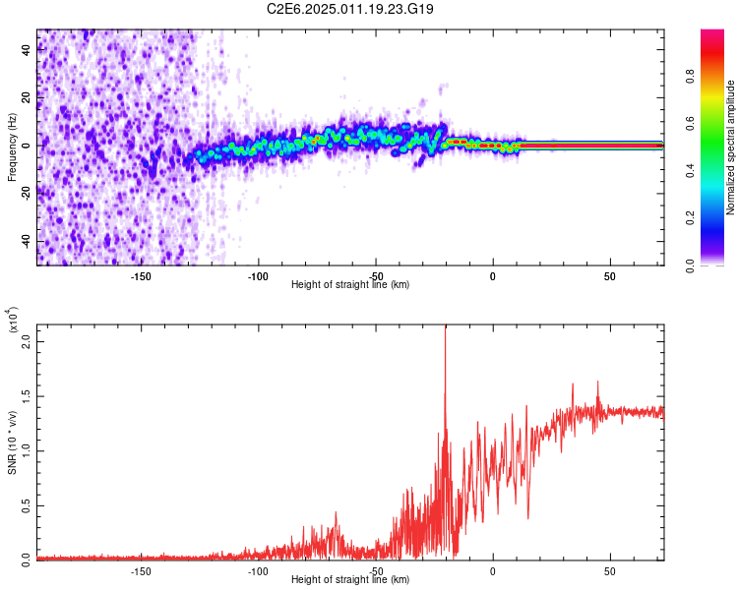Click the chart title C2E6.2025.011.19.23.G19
(351, 9)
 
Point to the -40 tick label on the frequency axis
(25, 241)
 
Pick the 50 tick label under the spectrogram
(610, 275)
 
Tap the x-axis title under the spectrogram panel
(350, 285)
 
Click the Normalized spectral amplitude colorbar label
(730, 147)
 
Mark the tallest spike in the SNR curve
(446, 327)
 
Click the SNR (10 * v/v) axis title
(12, 442)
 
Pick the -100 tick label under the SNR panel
(258, 570)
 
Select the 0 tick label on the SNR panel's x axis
(493, 570)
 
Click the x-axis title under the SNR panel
(350, 580)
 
